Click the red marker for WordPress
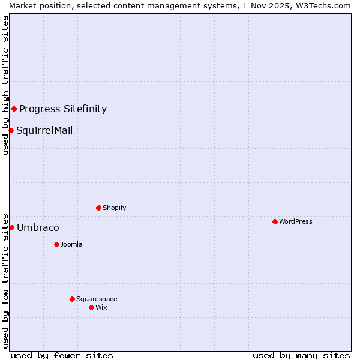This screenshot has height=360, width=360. click(x=275, y=221)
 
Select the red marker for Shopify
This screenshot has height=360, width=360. click(x=98, y=208)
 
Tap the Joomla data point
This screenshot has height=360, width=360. click(x=56, y=244)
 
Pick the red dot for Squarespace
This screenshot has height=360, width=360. click(x=72, y=299)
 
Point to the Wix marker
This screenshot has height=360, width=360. click(x=91, y=307)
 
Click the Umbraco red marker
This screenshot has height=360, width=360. click(x=11, y=227)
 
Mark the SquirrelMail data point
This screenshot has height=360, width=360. click(x=11, y=130)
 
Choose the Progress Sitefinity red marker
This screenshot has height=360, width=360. click(x=14, y=109)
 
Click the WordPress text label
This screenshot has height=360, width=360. click(x=296, y=221)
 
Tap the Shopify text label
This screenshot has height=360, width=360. click(x=114, y=208)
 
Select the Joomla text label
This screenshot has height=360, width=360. click(x=71, y=244)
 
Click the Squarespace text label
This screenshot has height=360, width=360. click(x=97, y=299)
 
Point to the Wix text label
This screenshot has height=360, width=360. click(x=101, y=307)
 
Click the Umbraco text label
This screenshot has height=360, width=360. click(x=38, y=227)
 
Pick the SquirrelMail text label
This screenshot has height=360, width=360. click(x=44, y=130)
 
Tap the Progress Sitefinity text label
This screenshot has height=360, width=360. click(x=63, y=109)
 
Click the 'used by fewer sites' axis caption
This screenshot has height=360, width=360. click(x=62, y=355)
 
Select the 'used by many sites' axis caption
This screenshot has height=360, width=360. click(x=301, y=355)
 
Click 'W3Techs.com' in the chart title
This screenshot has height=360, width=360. click(x=326, y=5)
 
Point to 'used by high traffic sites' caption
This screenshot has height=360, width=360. click(x=5, y=85)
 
